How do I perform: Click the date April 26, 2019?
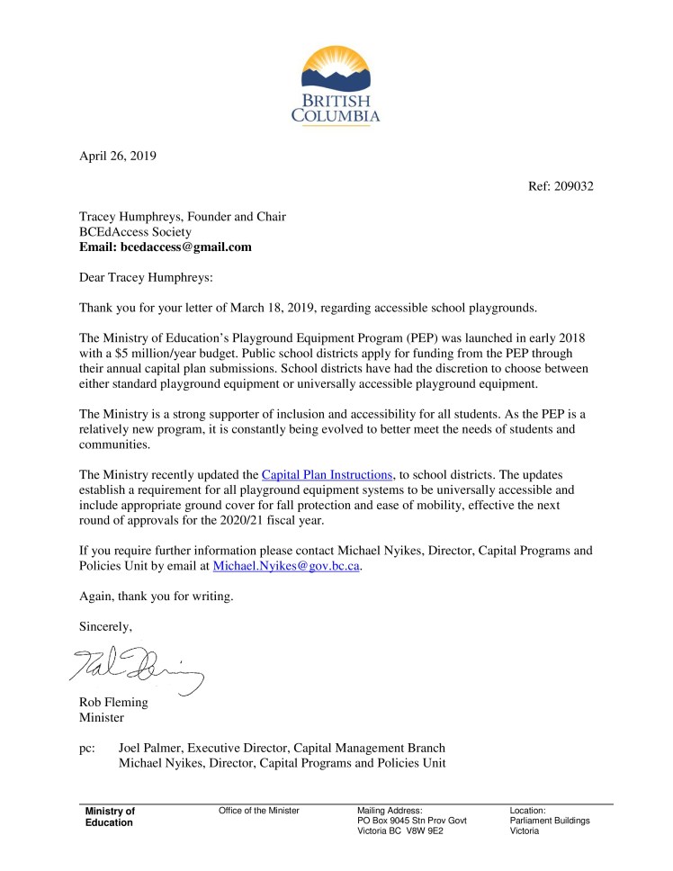[x=118, y=156]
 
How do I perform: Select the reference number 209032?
[x=572, y=186]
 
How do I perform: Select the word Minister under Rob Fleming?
[x=102, y=718]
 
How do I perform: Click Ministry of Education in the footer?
[x=110, y=817]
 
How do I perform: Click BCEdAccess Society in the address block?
[x=135, y=231]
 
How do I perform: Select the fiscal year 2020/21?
[x=247, y=521]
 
